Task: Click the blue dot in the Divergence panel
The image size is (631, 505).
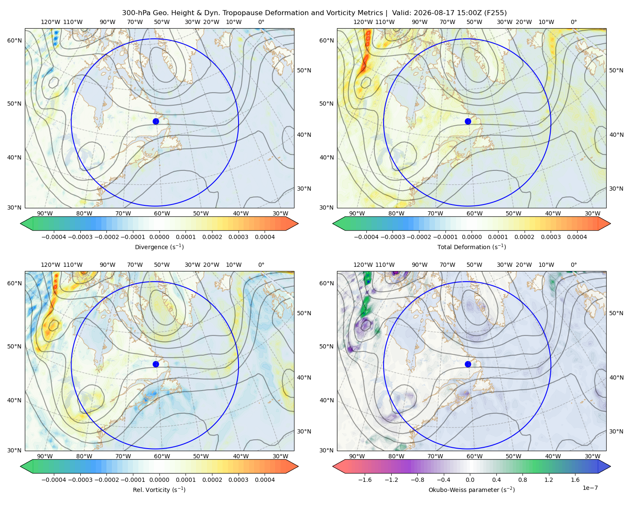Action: [x=156, y=121]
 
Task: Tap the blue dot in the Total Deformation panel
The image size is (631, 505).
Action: [x=468, y=121]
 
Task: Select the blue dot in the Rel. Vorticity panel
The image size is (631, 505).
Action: [x=156, y=364]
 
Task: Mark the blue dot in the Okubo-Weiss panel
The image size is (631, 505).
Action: [x=468, y=364]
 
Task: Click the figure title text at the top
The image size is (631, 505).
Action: [x=314, y=13]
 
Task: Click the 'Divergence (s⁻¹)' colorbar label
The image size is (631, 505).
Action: [x=159, y=247]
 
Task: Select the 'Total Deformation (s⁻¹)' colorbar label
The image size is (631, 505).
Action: [x=472, y=247]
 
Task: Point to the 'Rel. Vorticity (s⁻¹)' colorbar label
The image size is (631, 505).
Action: [x=159, y=490]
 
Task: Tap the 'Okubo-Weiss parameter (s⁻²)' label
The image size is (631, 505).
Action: [x=472, y=490]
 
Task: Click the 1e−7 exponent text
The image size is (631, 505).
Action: [x=590, y=488]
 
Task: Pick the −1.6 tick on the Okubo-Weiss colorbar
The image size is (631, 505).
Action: [x=365, y=480]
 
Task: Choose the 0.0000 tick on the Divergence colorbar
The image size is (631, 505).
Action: [x=159, y=237]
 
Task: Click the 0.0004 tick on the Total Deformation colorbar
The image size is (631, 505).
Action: [x=577, y=237]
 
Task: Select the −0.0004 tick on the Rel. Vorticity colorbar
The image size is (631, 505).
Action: [x=54, y=480]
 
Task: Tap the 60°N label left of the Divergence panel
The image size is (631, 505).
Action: [x=14, y=40]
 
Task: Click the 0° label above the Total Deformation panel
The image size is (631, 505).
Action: [x=573, y=22]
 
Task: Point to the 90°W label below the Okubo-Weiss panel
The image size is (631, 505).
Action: [x=357, y=456]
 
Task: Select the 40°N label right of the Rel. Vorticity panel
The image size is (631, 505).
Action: [x=304, y=377]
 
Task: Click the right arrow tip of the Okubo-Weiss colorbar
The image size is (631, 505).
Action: [x=610, y=466]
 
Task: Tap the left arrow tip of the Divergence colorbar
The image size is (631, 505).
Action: [x=21, y=223]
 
